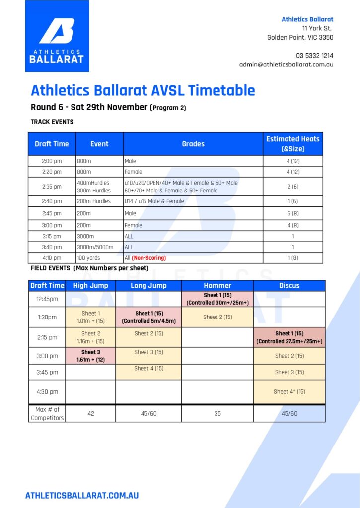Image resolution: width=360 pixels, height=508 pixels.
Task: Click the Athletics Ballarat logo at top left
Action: (x=57, y=36)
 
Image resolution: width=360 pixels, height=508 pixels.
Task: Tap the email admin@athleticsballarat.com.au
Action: (x=286, y=64)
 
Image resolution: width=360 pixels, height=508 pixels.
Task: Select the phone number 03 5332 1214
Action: (x=314, y=55)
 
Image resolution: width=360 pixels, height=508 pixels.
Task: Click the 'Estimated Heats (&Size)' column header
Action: (x=292, y=144)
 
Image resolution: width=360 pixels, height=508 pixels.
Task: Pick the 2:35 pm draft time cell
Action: (x=52, y=187)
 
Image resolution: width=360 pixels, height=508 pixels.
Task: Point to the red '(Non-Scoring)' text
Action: (x=149, y=258)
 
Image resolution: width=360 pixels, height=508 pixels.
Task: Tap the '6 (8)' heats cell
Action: (x=292, y=213)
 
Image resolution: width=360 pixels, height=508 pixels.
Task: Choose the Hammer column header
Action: (x=217, y=285)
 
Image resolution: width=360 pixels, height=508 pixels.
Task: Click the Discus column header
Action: (x=289, y=285)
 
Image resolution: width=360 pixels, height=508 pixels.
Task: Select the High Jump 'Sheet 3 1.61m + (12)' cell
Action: (x=91, y=355)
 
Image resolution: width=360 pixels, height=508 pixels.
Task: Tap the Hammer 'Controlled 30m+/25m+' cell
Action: (x=217, y=299)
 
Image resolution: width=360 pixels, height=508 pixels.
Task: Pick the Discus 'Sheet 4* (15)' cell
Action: (x=289, y=391)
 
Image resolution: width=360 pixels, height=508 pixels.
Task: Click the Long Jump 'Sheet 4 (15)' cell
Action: (x=148, y=369)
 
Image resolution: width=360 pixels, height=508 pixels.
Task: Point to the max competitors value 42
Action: (x=91, y=413)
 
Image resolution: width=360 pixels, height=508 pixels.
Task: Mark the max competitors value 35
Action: (x=217, y=413)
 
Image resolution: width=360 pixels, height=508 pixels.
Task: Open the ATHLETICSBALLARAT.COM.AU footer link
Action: (x=82, y=495)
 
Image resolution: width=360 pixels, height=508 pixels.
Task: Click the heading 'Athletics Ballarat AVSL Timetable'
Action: (x=143, y=90)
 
